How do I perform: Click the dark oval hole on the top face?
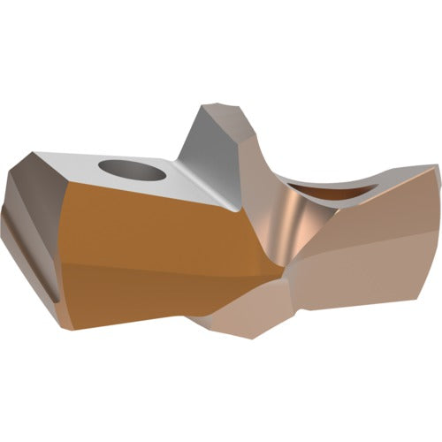pyautogui.click(x=132, y=167)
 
